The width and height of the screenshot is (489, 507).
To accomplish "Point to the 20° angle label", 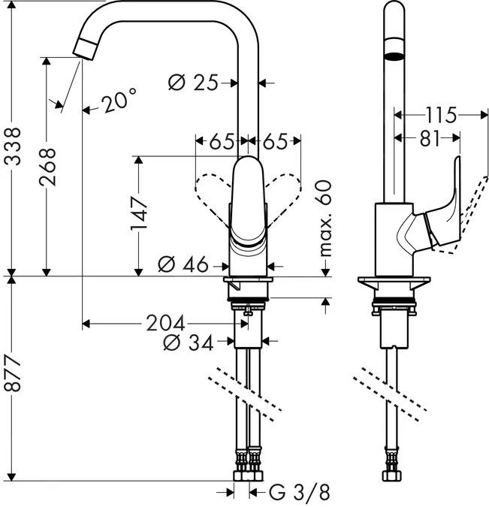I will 118,101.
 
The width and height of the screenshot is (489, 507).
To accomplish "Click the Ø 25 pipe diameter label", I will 192,83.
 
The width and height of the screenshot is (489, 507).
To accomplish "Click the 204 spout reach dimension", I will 164,323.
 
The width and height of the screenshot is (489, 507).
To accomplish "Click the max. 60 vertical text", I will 324,218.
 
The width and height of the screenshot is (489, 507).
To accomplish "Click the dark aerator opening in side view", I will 393,56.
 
